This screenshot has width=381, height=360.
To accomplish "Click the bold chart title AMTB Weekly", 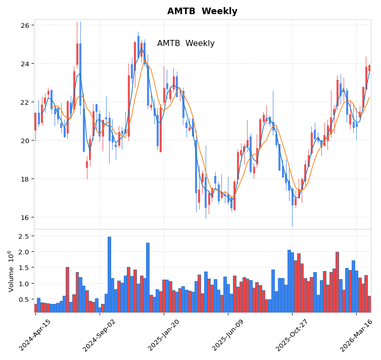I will point(202,11).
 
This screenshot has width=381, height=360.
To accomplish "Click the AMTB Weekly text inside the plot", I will point(185,43).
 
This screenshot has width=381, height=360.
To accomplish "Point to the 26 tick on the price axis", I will point(25,25).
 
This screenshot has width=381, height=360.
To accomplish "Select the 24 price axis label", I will point(25,64).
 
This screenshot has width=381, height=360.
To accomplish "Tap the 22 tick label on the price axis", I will point(25,102).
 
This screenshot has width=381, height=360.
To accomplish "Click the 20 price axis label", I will point(25,141).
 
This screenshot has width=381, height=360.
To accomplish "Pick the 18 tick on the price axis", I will point(25,179).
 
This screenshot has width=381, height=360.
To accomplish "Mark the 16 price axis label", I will point(25,217).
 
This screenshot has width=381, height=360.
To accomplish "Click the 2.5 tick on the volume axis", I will point(23,236).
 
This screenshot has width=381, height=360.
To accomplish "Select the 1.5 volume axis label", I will point(23,268).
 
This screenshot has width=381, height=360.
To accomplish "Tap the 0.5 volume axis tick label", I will point(23,299).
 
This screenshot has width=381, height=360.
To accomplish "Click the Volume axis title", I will point(11,271).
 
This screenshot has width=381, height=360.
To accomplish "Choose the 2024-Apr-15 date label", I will point(35,335).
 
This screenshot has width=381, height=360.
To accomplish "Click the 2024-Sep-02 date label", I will point(100,335).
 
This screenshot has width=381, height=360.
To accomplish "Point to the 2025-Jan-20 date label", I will point(164,335).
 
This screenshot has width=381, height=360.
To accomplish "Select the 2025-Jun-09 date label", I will point(228,335).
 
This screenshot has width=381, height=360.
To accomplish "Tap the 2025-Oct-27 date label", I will point(292,335).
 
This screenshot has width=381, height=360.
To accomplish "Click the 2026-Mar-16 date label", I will point(357,335).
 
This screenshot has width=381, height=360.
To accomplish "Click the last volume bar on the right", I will point(369,304).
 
